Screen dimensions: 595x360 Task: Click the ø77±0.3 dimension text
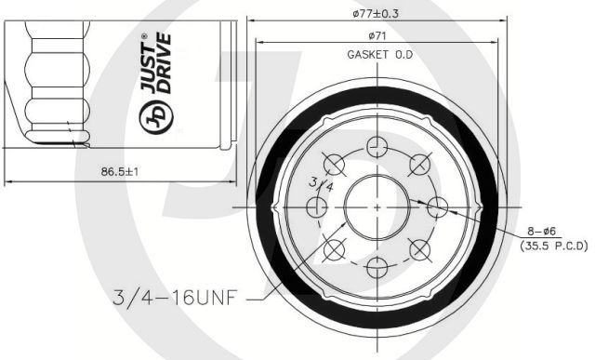pyautogui.click(x=376, y=14)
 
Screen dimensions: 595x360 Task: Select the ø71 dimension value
pyautogui.click(x=377, y=36)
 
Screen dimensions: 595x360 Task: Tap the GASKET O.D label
pyautogui.click(x=380, y=55)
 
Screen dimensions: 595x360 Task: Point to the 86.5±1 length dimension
pyautogui.click(x=120, y=172)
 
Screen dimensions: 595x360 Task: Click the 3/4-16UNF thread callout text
pyautogui.click(x=176, y=298)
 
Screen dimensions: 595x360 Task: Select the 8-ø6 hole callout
pyautogui.click(x=541, y=231)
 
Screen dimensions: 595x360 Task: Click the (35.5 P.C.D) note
pyautogui.click(x=554, y=246)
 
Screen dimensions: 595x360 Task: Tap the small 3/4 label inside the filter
pyautogui.click(x=321, y=184)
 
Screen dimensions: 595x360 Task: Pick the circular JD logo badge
pyautogui.click(x=156, y=117)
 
